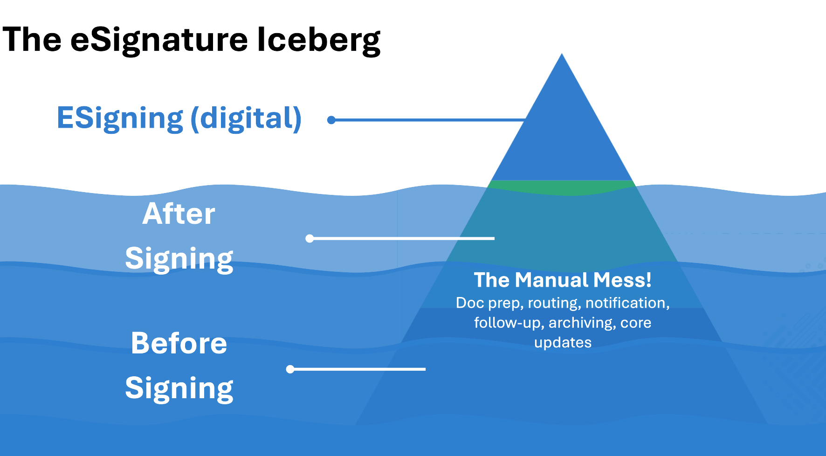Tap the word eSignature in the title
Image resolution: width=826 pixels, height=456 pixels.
[159, 40]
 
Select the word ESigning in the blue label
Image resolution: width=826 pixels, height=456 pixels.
[120, 118]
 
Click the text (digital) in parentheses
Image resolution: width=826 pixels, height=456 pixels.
[246, 118]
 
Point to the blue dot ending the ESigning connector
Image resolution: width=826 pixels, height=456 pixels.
[331, 120]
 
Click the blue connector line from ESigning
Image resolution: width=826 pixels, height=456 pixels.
[429, 120]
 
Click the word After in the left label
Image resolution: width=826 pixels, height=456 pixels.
[179, 214]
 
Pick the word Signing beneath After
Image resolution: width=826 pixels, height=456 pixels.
[179, 259]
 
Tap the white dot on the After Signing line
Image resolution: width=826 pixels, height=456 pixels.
[310, 238]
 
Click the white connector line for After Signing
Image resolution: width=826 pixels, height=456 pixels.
[401, 238]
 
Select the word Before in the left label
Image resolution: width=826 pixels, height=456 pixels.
[179, 343]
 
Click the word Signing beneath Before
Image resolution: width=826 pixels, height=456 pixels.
[179, 388]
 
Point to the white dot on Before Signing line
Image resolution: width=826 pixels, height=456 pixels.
[290, 369]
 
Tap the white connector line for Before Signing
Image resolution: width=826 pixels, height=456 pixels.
[359, 369]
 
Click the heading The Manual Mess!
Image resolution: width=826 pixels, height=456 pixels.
[563, 280]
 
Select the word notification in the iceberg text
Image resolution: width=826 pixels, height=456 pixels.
[627, 303]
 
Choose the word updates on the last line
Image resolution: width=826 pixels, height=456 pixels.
[563, 343]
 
